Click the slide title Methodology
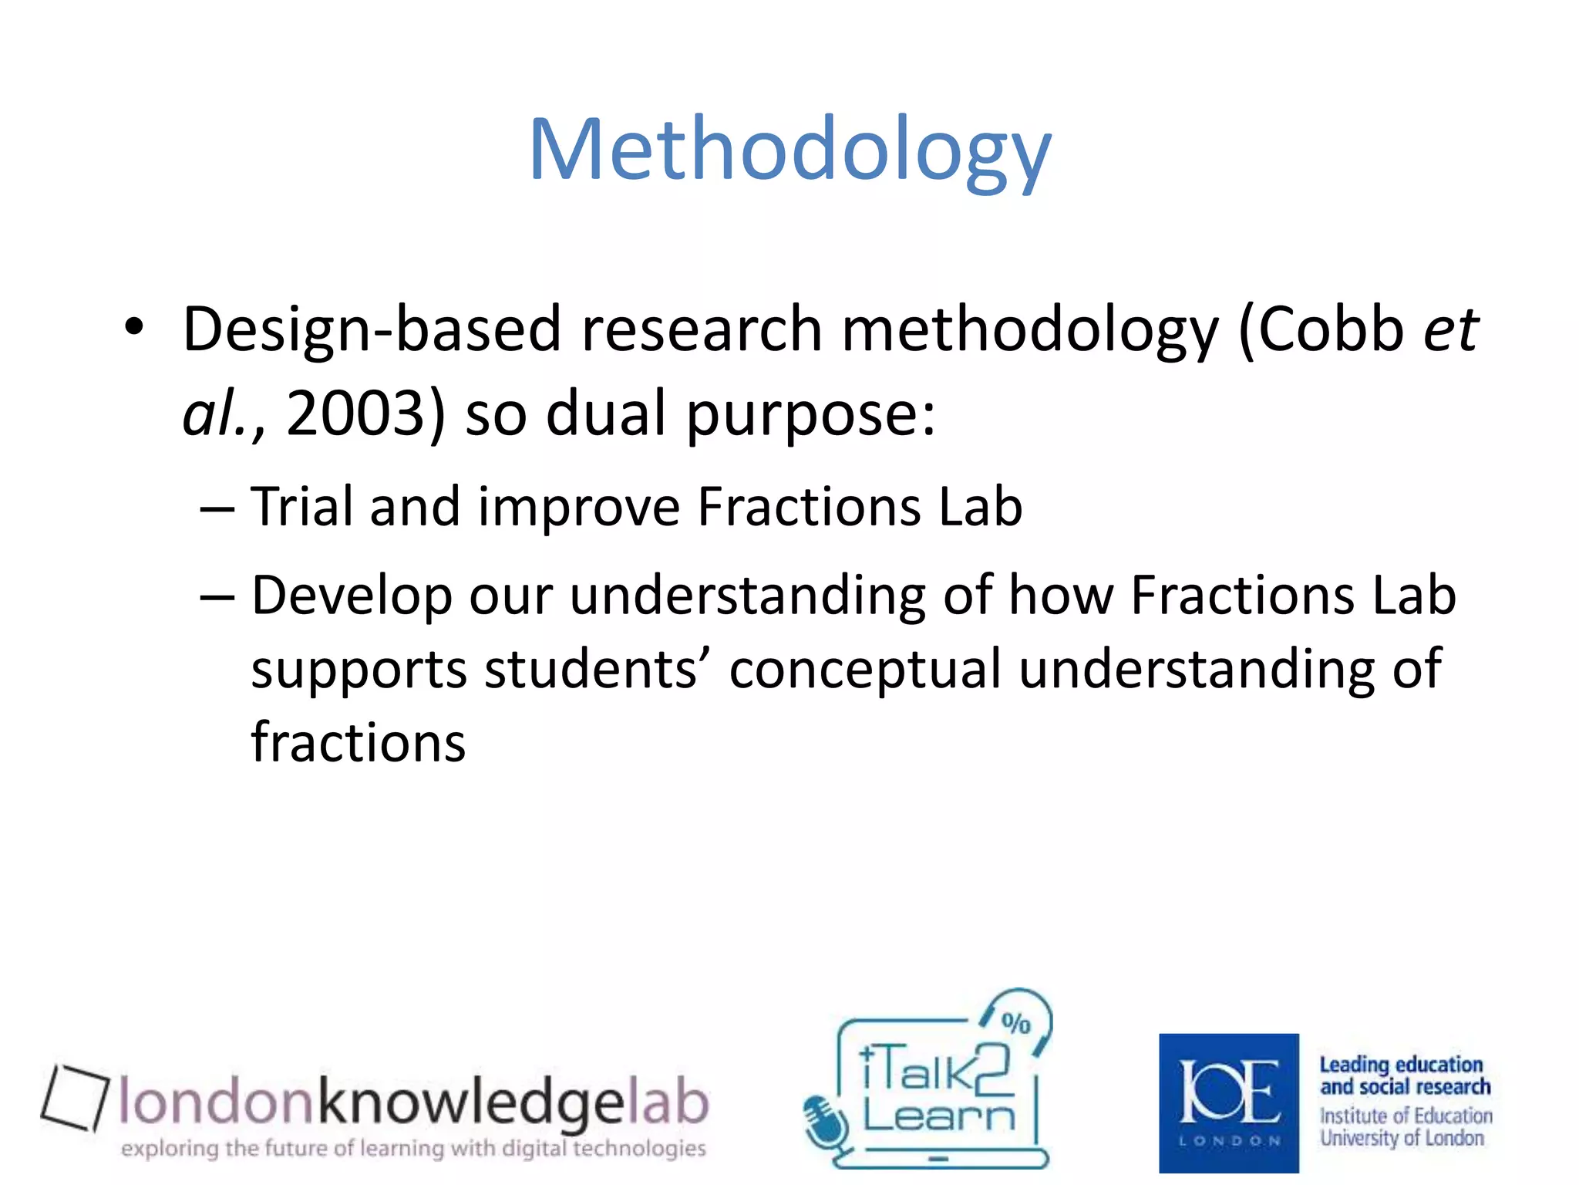click(x=789, y=150)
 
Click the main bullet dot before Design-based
click(x=134, y=327)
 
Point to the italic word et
click(x=1450, y=330)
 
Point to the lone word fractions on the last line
click(x=359, y=742)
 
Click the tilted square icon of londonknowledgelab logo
click(x=74, y=1097)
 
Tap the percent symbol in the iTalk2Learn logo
click(x=1015, y=1023)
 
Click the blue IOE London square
click(x=1228, y=1102)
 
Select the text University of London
click(x=1401, y=1138)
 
